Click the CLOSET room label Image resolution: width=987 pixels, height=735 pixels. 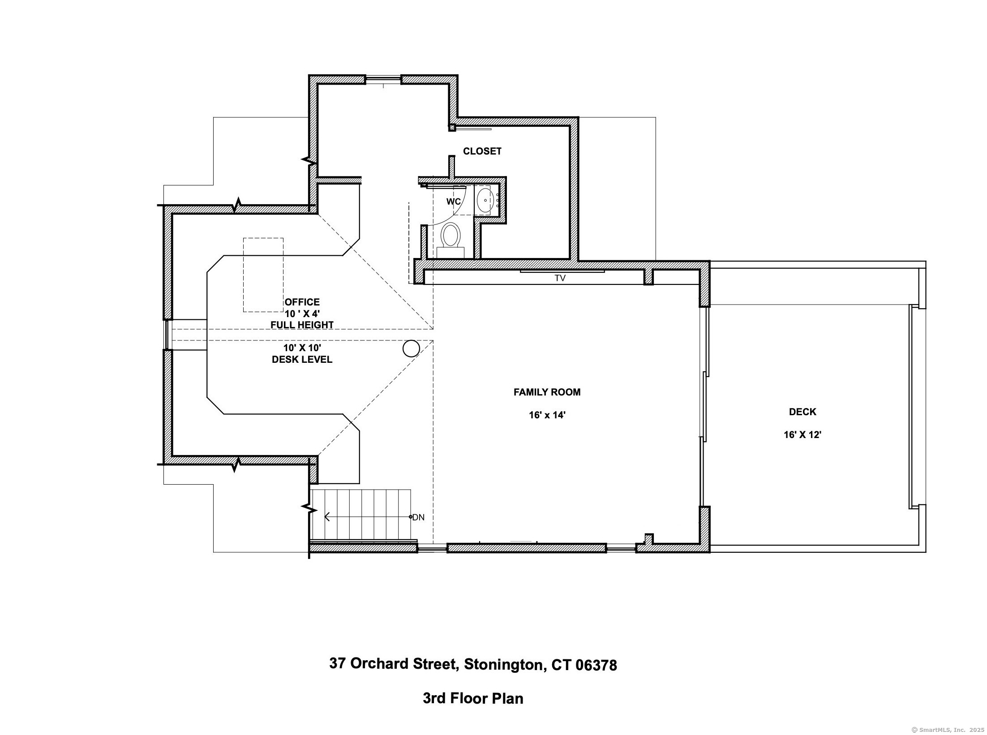482,151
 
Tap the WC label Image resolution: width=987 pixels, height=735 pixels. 453,202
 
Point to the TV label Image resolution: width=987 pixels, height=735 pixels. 560,278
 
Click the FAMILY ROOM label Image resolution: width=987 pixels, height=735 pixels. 547,392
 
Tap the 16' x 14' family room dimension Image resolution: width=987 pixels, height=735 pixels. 547,415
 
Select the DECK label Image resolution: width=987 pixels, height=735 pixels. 802,412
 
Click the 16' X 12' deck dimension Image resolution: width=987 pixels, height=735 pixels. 802,434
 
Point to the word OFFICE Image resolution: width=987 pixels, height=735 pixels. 302,302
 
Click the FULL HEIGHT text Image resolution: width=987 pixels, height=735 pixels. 302,325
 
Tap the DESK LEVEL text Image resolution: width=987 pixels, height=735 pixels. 302,360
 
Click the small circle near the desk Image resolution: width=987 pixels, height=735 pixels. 411,348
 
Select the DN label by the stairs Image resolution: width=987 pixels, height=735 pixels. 418,517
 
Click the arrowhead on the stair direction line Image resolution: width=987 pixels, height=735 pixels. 327,517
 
